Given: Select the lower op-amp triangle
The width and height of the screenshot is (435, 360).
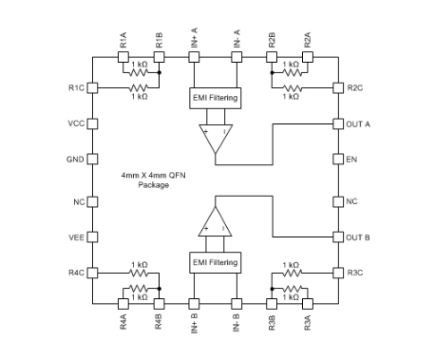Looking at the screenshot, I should tap(214, 220).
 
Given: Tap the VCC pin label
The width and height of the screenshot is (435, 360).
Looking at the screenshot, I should tap(76, 123).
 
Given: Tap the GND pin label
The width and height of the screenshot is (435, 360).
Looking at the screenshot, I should tap(76, 159).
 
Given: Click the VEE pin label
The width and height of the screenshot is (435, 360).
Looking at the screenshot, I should tap(77, 237).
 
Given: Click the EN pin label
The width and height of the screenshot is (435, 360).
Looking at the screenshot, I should tap(353, 159).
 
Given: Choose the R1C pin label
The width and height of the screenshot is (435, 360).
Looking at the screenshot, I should tap(76, 87).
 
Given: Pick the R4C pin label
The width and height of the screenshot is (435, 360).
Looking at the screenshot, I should tap(76, 273).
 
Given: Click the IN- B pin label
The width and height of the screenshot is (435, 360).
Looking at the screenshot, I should tap(236, 327).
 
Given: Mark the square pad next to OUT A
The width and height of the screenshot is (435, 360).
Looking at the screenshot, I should tap(337, 123).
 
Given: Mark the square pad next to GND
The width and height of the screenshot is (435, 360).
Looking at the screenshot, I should tap(93, 159).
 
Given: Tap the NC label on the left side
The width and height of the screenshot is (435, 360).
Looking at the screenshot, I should tap(80, 201).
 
